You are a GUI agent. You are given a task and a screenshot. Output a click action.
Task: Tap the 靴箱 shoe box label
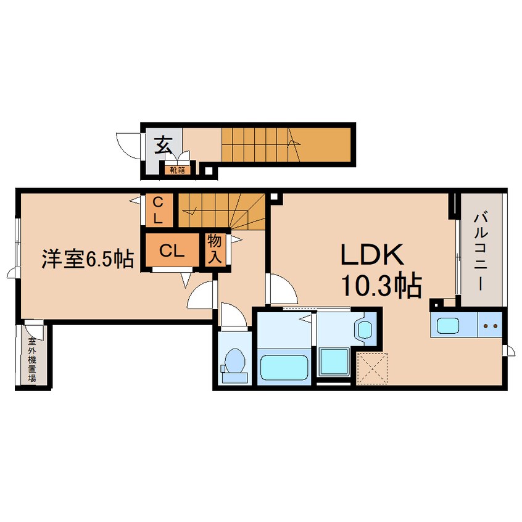[178, 170]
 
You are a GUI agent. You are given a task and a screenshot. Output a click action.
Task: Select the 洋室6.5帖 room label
[88, 259]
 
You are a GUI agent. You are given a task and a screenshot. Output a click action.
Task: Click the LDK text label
[371, 255]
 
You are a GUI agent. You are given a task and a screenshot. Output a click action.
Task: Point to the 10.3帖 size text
[381, 286]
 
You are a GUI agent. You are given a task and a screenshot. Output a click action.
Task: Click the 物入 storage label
[214, 249]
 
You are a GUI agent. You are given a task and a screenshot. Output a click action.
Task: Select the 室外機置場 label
[32, 360]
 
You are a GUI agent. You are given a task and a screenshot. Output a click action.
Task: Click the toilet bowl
[234, 361]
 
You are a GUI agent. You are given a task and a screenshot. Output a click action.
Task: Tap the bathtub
[284, 367]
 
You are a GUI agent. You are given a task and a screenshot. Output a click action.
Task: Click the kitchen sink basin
[448, 325]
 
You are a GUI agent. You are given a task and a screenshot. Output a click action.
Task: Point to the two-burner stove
[491, 325]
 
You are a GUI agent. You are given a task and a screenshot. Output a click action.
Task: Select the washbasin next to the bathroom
[365, 329]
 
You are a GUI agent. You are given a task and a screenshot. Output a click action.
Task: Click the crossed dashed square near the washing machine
[372, 368]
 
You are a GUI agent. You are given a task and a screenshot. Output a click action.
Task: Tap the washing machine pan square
[334, 361]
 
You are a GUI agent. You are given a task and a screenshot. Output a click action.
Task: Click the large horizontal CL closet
[172, 251]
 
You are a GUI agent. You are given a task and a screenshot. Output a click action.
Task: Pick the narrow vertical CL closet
[159, 210]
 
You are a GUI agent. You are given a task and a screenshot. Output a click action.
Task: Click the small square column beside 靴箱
[208, 171]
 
